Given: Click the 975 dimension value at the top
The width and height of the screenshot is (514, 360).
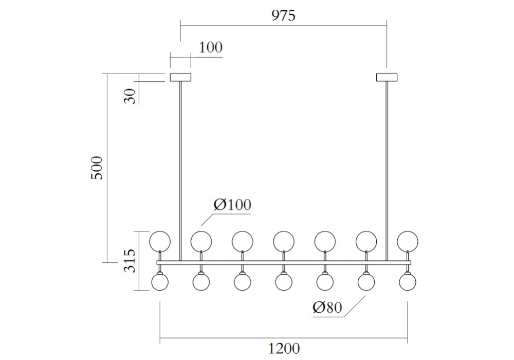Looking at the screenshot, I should (x=283, y=15).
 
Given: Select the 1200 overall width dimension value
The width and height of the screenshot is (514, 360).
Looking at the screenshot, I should (x=284, y=348).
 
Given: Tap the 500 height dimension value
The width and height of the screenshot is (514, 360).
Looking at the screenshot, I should (x=98, y=167).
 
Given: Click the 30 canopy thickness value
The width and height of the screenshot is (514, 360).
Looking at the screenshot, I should (x=131, y=96).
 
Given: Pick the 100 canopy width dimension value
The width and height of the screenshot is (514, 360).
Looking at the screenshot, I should (x=211, y=48).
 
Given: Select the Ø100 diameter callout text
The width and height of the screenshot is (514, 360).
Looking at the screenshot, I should (x=232, y=205).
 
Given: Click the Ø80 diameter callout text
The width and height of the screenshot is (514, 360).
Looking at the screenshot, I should (x=327, y=308).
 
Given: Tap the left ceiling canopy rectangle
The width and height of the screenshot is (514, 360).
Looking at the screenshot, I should (x=180, y=78).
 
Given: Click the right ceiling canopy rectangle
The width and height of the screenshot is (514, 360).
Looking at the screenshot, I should (x=387, y=78).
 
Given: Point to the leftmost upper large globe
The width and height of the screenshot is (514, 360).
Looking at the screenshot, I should (x=159, y=240).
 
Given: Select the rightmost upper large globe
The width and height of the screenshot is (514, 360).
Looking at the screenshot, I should (x=408, y=240).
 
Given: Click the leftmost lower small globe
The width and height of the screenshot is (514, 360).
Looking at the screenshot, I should (x=160, y=281).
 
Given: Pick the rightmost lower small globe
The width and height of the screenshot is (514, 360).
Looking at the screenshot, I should (x=408, y=281).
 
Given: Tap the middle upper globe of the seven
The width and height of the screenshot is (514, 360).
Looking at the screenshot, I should (x=283, y=240).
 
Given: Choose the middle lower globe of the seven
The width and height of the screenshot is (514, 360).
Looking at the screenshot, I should (x=283, y=281).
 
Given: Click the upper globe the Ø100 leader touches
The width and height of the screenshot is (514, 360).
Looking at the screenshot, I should (x=201, y=240).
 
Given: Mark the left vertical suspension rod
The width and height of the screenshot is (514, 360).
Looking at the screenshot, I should (x=180, y=170).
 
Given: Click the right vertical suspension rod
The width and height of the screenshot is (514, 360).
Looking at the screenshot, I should (x=387, y=170).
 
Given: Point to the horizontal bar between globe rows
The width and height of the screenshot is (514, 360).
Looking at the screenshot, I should (x=284, y=262).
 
